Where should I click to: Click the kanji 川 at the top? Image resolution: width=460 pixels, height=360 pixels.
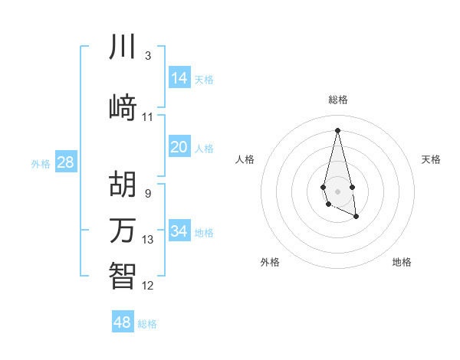coord(123,47)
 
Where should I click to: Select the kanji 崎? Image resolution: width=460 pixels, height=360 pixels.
coord(123,107)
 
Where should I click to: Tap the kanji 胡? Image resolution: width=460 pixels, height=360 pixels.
coord(123,184)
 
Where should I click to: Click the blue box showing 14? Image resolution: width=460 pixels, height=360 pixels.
coord(179,78)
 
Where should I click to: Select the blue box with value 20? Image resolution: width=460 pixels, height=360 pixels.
coord(179,147)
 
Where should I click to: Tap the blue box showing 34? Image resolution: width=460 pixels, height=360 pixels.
coord(179,231)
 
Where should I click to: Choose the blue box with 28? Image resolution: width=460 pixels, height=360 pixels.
coord(65,162)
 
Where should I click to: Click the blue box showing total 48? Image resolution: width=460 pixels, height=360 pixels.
coord(123,322)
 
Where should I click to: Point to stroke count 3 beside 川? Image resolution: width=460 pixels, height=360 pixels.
coord(147,56)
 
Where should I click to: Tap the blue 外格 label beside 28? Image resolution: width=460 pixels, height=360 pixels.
coord(41,163)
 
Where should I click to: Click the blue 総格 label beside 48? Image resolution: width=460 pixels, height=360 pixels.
coord(147,324)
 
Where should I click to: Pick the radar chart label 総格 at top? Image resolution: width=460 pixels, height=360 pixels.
coord(338,100)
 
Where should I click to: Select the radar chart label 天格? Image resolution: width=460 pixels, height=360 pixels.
coord(431,159)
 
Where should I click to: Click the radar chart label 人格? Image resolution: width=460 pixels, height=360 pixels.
coord(245,159)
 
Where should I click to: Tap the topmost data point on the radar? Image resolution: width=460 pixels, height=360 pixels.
coord(338,130)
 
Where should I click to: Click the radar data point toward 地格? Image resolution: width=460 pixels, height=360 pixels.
coord(356,217)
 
